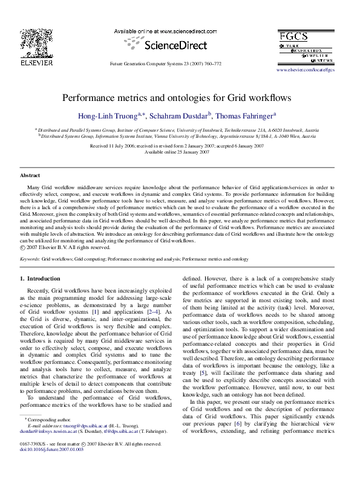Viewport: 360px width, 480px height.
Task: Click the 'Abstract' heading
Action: click(30, 175)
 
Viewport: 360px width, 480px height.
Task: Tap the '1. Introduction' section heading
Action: click(41, 278)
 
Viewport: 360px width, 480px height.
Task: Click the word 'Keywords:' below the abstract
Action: click(30, 259)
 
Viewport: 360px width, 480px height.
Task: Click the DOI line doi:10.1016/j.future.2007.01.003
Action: click(51, 449)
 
